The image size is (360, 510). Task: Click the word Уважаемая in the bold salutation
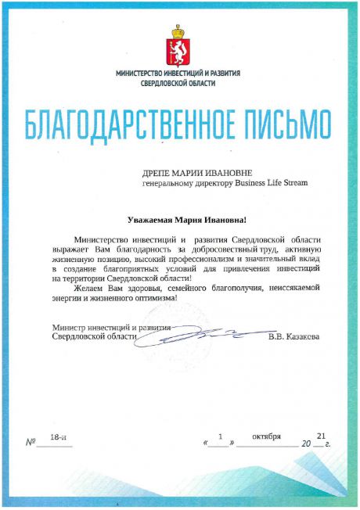153,221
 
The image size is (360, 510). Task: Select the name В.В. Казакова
293,337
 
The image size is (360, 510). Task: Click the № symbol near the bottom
32,442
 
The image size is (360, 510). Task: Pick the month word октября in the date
266,436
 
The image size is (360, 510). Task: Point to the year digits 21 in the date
321,435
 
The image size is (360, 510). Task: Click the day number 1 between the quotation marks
221,436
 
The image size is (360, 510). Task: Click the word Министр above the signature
67,327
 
